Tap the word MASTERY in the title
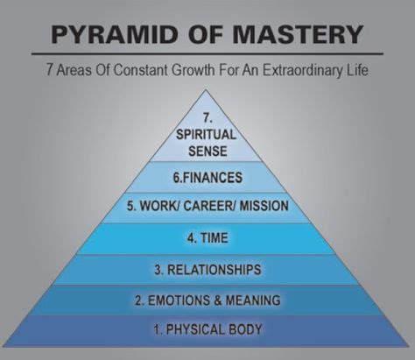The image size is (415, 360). tap(298, 34)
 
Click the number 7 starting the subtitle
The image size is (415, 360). tap(50, 70)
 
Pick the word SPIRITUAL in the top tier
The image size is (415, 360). tap(206, 135)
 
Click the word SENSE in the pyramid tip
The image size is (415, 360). tap(207, 152)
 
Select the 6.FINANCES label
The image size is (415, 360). tap(207, 177)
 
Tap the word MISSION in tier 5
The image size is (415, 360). tap(264, 206)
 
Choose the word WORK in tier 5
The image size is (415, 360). tap(159, 206)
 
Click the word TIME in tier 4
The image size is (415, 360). tap(215, 237)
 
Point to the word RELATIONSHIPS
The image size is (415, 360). tap(215, 269)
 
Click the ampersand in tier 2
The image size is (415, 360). tap(218, 300)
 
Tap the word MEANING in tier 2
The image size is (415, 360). tap(253, 300)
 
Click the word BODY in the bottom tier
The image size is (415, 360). tap(245, 329)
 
